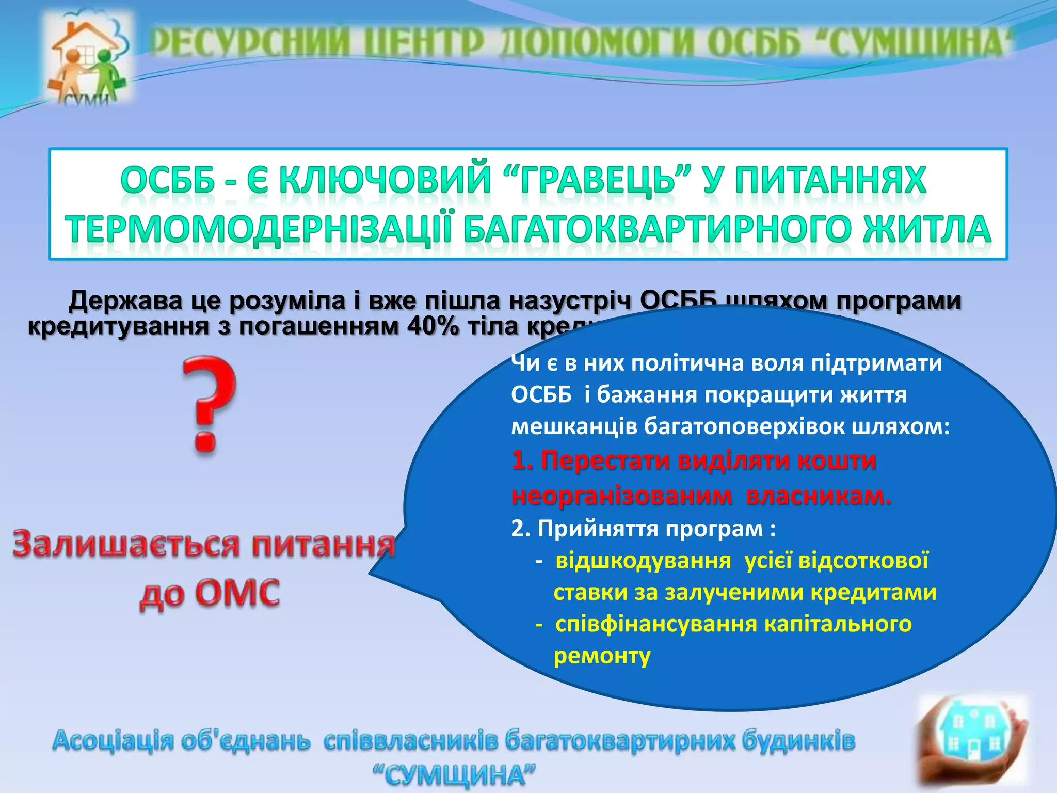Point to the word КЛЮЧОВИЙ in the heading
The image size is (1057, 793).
(385, 181)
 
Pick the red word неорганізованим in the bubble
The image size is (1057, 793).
(621, 496)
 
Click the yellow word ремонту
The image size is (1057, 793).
(602, 656)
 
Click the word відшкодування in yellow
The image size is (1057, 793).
(643, 560)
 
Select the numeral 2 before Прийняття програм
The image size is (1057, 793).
(517, 529)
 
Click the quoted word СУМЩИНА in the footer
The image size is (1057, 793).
(454, 774)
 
